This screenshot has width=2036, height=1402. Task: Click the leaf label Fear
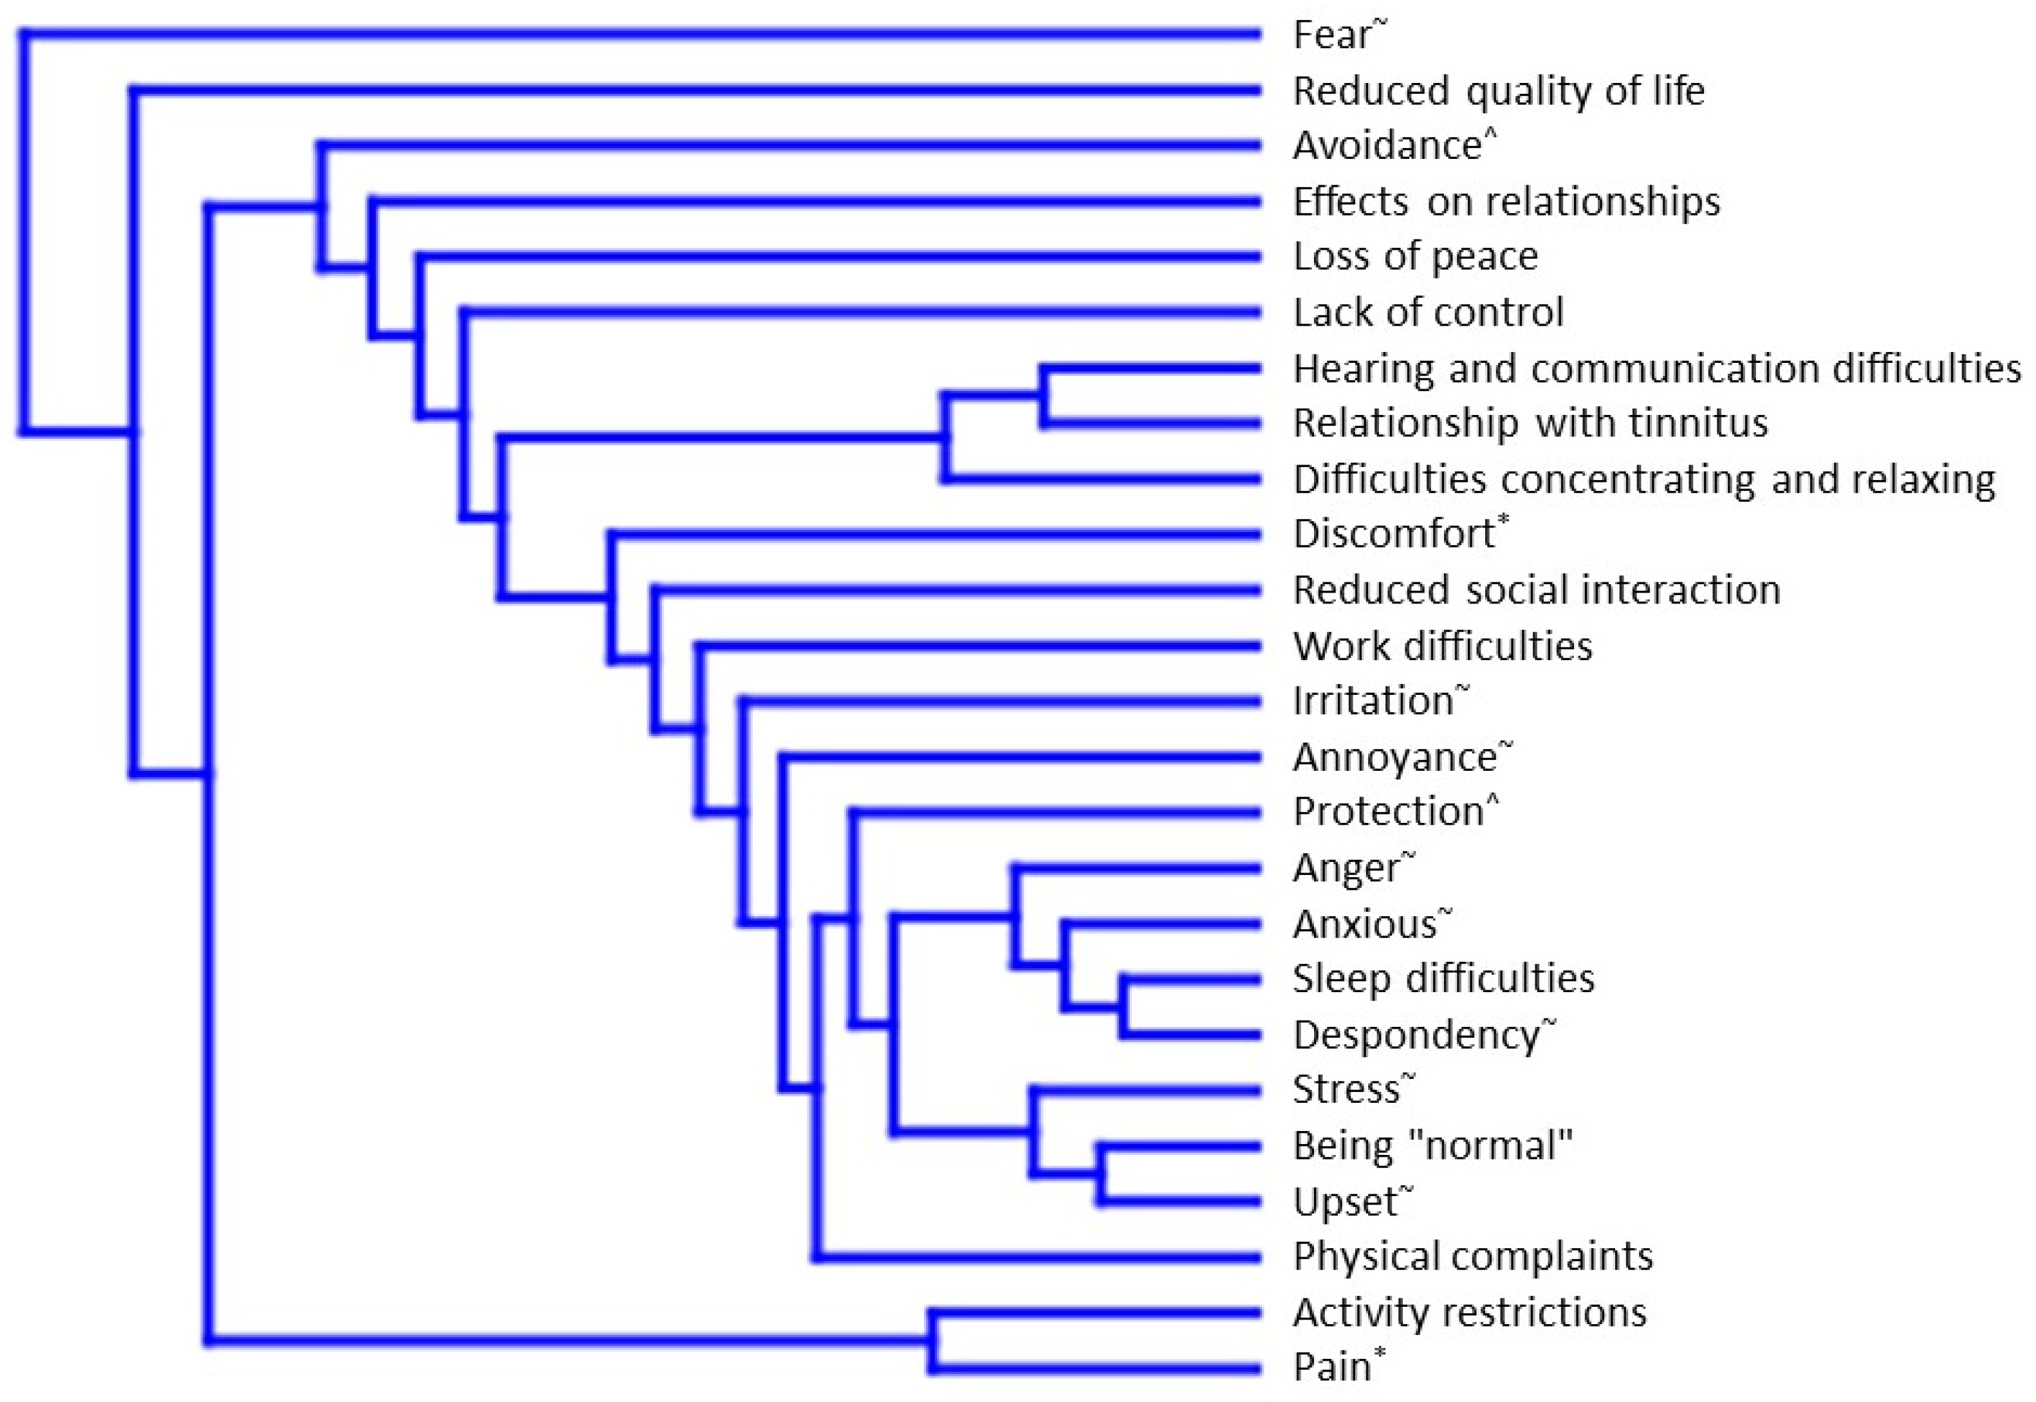[1331, 36]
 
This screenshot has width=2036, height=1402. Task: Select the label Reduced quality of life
[1499, 91]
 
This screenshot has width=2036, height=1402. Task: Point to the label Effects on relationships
[1506, 202]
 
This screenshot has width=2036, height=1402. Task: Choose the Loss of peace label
[1415, 257]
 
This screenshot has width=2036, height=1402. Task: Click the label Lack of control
[1428, 313]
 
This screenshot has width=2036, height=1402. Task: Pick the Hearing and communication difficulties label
[1656, 369]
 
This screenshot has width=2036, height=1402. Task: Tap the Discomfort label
[1394, 534]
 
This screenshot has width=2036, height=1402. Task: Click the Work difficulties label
[1442, 647]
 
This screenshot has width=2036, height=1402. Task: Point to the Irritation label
[1373, 702]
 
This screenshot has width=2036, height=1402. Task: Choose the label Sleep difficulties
[1443, 979]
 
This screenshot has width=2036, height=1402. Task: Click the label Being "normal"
[1432, 1147]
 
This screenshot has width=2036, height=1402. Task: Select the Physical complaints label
[1472, 1257]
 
